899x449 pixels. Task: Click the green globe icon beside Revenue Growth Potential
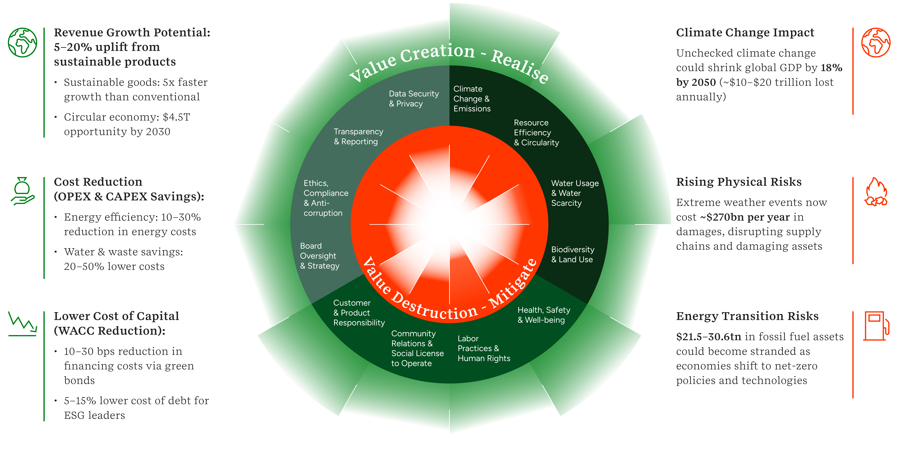coord(22,43)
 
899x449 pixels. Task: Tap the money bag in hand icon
coord(22,191)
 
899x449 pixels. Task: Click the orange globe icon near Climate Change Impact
coord(876,43)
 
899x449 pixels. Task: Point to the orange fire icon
coord(876,192)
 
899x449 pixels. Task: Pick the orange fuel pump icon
coord(876,326)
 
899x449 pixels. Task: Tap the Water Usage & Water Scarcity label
coord(574,193)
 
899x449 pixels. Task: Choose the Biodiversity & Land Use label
coord(572,255)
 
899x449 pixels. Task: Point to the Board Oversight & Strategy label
coord(319,256)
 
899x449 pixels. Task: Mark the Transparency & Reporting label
coord(358,137)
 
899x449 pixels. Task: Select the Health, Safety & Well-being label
coord(543,315)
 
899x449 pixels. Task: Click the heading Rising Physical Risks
coord(738,182)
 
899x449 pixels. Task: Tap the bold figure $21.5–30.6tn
coord(708,337)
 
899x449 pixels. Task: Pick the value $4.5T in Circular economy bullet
coord(176,117)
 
